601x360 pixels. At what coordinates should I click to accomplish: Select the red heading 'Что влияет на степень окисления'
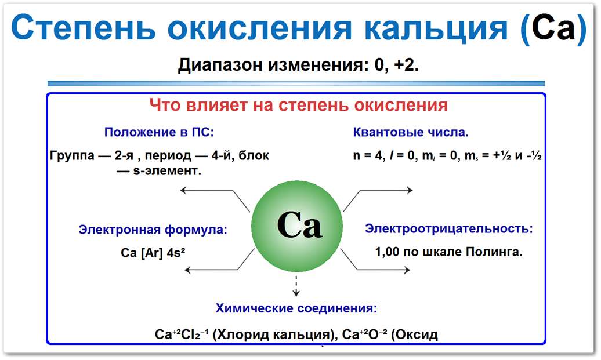299,106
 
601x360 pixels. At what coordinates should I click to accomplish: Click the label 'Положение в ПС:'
159,132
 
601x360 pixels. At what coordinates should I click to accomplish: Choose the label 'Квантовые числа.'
411,132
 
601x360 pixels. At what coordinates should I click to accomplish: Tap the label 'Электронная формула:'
153,230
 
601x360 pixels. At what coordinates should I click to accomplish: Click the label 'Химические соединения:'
296,308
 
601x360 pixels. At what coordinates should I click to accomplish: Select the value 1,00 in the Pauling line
389,252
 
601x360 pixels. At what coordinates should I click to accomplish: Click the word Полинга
497,252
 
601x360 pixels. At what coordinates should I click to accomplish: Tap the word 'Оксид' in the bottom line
418,334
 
